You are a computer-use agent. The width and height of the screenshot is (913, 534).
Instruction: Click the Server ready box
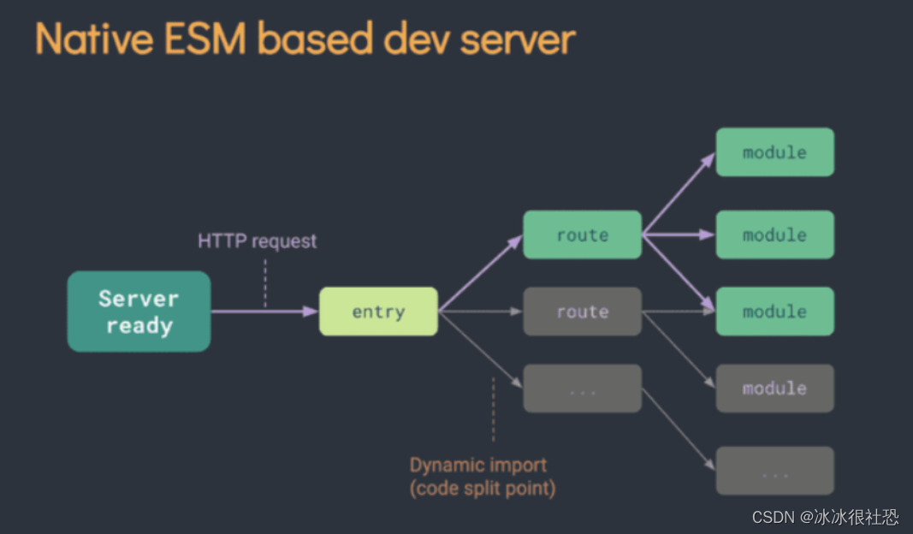(139, 311)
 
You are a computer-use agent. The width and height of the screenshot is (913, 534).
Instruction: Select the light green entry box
(378, 311)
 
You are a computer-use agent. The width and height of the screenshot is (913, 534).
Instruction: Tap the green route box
(582, 234)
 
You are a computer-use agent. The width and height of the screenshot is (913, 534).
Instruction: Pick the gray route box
(582, 311)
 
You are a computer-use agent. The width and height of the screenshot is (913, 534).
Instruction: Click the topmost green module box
(774, 152)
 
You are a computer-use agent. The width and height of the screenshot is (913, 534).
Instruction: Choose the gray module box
(774, 389)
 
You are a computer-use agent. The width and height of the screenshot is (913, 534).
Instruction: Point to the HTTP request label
(257, 241)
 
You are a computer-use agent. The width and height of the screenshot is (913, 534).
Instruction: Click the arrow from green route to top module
(678, 193)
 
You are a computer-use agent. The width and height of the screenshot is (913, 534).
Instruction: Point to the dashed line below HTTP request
(265, 282)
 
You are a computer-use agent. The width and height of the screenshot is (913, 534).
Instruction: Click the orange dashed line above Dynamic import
(493, 409)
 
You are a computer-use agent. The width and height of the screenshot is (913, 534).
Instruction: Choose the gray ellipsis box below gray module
(774, 471)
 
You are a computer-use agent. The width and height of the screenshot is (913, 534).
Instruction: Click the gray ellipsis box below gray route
(582, 389)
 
